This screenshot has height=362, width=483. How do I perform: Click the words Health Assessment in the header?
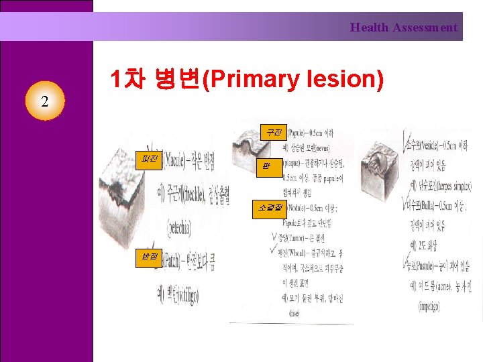coord(403,27)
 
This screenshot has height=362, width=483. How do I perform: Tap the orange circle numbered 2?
coord(44,103)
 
